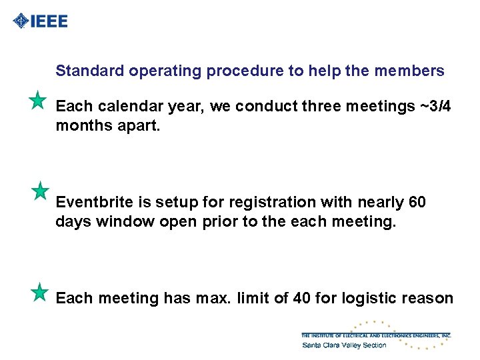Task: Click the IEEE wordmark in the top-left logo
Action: point(49,21)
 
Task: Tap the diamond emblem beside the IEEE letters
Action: point(21,21)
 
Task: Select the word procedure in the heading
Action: point(245,71)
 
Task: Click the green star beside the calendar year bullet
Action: point(38,101)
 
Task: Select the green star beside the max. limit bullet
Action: point(40,292)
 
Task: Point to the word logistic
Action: point(370,298)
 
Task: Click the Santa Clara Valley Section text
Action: point(344,345)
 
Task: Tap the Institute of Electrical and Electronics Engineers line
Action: point(376,335)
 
